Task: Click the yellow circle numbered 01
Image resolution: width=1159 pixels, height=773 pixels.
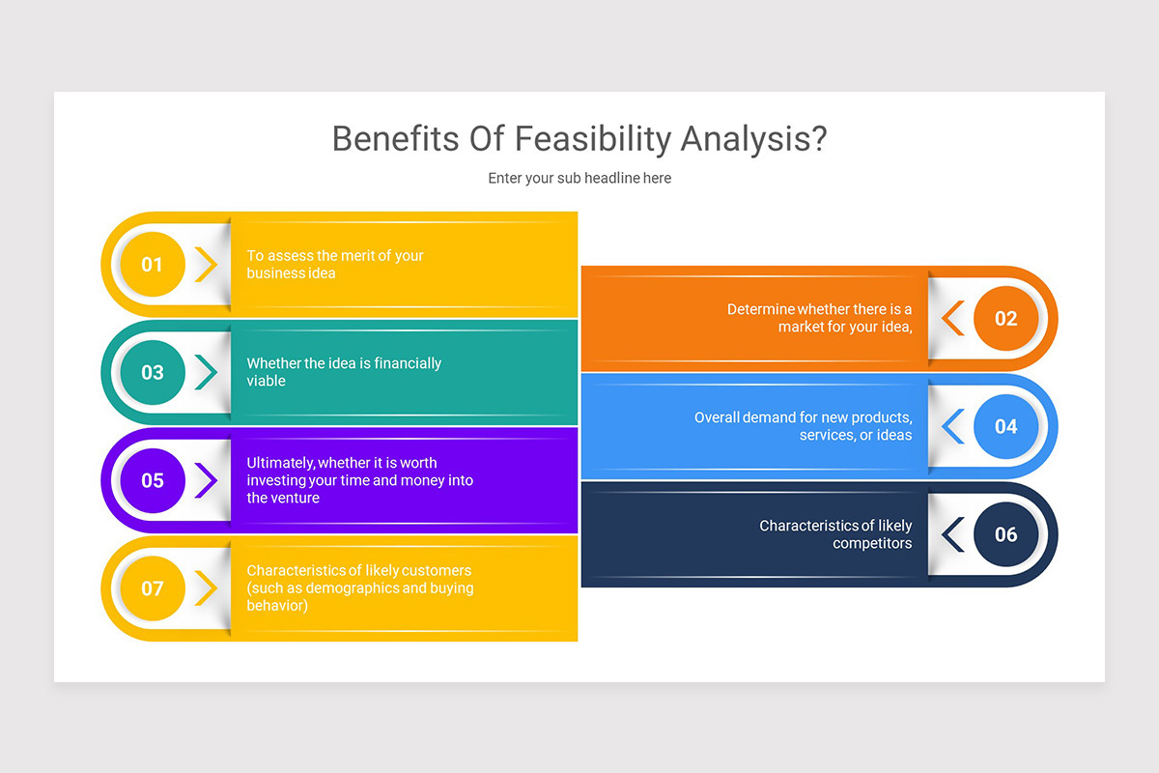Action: pos(153,265)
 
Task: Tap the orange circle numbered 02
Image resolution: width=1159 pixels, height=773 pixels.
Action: pos(1005,318)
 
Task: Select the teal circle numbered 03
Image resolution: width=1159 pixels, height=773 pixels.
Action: pos(153,372)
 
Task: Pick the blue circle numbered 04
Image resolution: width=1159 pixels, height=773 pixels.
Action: pos(1005,426)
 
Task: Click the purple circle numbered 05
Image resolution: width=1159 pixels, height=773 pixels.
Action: pos(153,480)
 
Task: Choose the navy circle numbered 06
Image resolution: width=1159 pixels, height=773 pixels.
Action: pos(1005,534)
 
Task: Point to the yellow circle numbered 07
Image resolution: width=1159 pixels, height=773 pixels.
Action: pos(153,587)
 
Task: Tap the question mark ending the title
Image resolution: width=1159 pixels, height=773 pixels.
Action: pos(817,139)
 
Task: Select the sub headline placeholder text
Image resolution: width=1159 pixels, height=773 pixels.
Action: pos(579,178)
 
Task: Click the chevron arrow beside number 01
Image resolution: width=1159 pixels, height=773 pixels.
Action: pos(206,265)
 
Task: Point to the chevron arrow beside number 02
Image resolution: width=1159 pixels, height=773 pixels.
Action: pos(953,318)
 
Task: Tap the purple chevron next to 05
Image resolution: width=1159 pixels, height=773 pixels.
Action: pos(206,480)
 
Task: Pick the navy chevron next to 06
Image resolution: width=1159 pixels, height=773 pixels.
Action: pos(953,534)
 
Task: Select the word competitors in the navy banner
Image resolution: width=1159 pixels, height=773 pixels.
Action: pos(872,543)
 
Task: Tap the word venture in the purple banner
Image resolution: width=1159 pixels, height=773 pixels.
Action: pos(295,498)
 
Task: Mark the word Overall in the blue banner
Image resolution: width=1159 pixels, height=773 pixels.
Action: pos(717,417)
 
